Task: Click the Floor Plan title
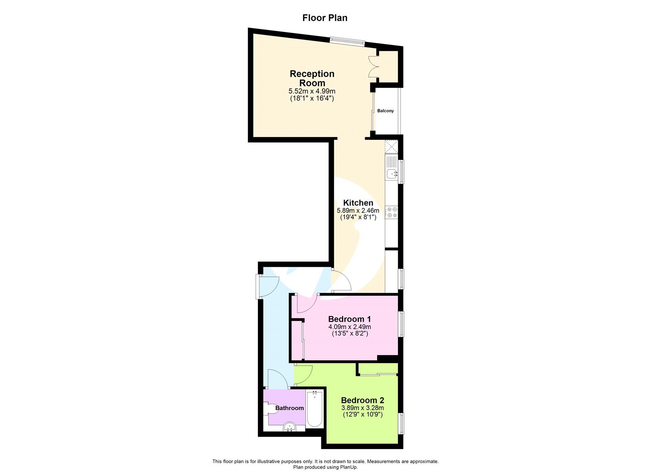click(325, 18)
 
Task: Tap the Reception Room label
click(312, 78)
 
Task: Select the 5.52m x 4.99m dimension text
click(312, 92)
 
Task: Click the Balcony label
click(385, 111)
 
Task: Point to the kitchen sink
click(392, 174)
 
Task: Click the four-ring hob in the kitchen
click(392, 212)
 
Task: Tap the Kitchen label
click(358, 203)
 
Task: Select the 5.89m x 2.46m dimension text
click(358, 211)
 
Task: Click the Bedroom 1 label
click(350, 319)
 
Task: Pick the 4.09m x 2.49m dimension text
click(350, 327)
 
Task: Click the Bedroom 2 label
click(363, 400)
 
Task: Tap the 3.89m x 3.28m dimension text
click(363, 408)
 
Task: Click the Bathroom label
click(290, 408)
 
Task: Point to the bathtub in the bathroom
click(315, 408)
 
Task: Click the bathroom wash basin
click(290, 427)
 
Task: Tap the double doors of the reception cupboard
click(373, 67)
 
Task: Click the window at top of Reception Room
click(347, 41)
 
